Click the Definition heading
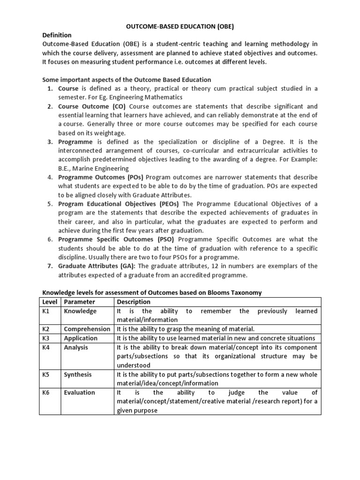coord(57,35)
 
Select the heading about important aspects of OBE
coord(127,80)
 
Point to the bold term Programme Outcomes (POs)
coord(101,177)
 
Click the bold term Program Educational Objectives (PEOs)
coord(120,204)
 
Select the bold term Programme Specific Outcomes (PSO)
coord(113,240)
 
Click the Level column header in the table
coord(49,302)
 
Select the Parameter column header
coord(79,302)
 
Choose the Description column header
coord(134,302)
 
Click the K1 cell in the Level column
coord(47,311)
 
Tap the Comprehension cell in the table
coord(87,329)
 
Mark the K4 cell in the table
coord(47,348)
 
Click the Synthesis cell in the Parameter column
coord(78,375)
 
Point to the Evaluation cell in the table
coord(79,393)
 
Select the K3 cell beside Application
coord(47,338)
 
